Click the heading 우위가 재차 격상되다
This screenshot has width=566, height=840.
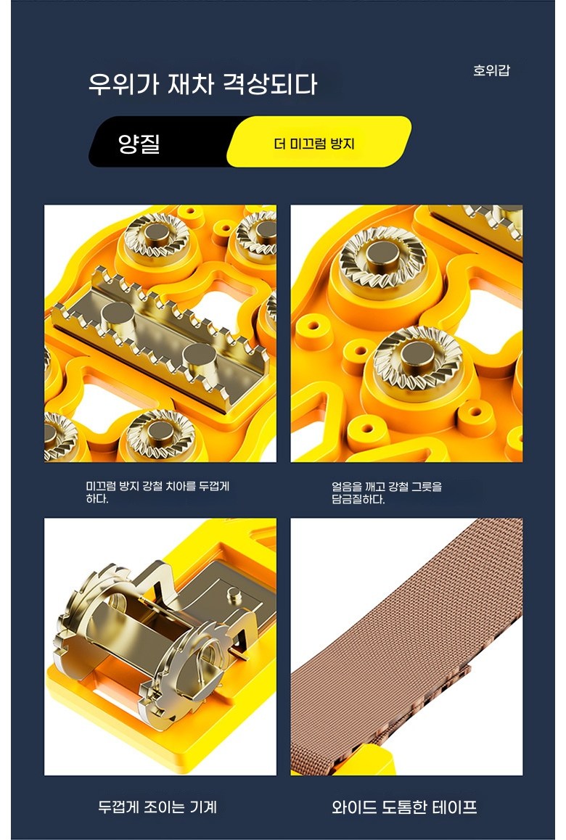203,84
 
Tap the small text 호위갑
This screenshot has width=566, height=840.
491,70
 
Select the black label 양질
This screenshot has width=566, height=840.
139,143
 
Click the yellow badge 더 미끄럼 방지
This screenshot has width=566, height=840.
314,144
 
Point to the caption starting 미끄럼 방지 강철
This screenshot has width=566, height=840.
157,493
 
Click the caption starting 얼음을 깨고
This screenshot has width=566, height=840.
387,493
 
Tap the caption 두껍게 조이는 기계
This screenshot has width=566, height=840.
157,806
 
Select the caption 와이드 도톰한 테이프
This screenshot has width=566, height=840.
404,806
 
